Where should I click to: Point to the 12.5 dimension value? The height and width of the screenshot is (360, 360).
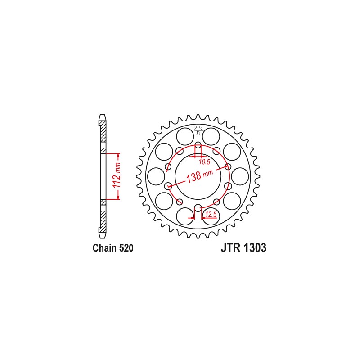(211, 216)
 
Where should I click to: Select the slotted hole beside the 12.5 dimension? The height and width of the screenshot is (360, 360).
(198, 208)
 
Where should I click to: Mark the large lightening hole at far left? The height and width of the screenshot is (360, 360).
(156, 176)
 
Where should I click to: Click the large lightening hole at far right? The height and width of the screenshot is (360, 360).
(240, 176)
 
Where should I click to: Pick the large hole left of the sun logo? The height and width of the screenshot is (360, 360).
(184, 135)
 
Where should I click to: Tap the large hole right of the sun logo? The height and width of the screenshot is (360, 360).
(211, 135)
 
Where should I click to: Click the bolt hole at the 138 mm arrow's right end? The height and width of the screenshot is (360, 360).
(228, 167)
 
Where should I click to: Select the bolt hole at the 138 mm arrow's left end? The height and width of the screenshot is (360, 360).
(168, 185)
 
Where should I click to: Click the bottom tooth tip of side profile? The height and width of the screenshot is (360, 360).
(103, 235)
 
